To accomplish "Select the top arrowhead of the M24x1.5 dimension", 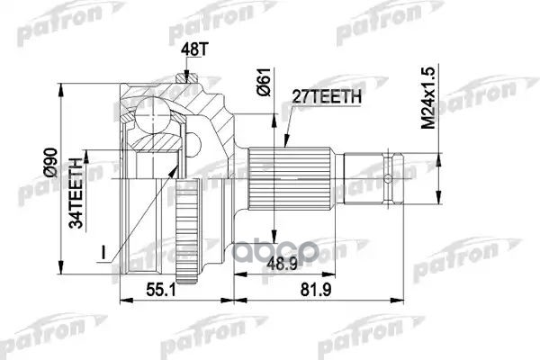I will pyautogui.click(x=437, y=146).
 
